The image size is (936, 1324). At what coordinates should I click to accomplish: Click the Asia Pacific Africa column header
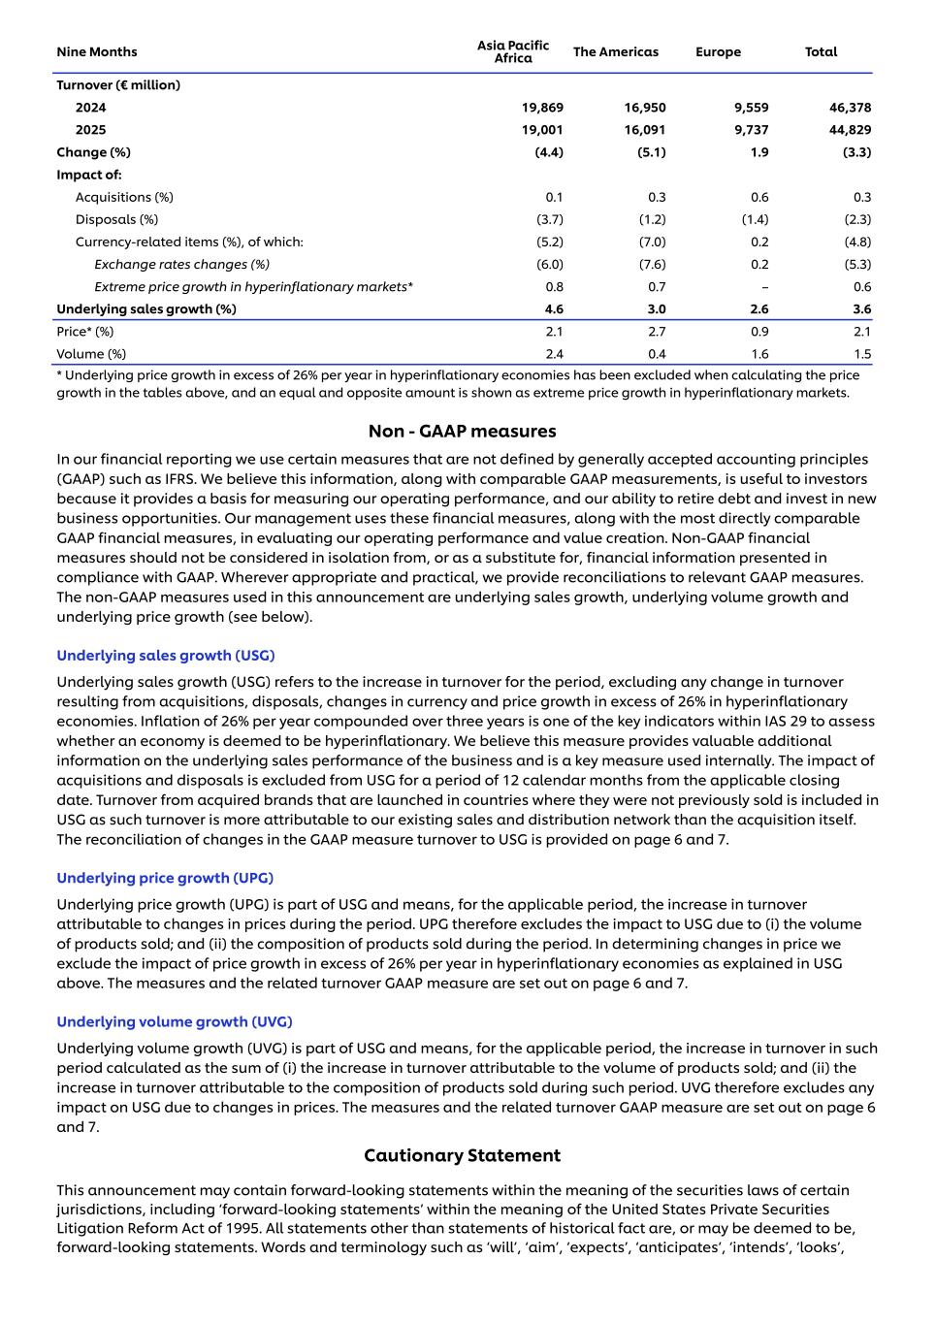point(512,51)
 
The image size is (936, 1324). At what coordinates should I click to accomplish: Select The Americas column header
point(615,51)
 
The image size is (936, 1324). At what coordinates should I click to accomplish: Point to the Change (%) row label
point(93,152)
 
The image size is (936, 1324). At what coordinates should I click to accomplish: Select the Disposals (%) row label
point(116,219)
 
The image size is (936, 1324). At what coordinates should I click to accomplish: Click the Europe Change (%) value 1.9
point(759,152)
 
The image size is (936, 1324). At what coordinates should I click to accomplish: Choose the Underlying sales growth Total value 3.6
point(861,309)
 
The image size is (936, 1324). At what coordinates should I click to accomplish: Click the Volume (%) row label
point(91,354)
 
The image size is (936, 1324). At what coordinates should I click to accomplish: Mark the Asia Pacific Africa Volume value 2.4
point(554,354)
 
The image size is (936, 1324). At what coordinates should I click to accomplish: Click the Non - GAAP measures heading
point(462,431)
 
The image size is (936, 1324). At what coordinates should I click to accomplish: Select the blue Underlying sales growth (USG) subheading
point(165,656)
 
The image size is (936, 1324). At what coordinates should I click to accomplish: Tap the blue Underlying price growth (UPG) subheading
point(165,878)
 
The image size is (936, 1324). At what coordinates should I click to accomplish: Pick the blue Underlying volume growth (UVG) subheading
point(174,1021)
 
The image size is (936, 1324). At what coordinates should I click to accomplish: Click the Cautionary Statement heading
point(462,1155)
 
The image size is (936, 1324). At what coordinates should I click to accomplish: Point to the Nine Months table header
point(97,51)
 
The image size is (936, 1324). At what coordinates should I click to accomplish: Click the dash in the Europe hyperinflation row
point(764,287)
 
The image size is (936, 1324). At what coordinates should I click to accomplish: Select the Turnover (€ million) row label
point(118,85)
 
